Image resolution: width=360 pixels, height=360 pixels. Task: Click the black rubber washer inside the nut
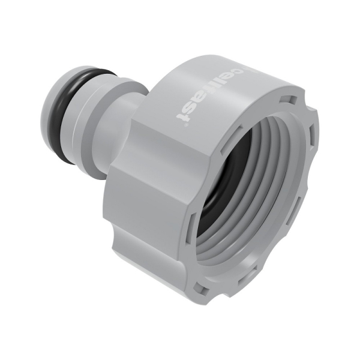click(x=219, y=180)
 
